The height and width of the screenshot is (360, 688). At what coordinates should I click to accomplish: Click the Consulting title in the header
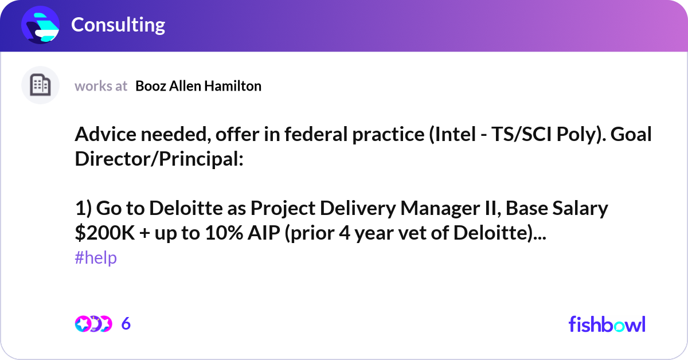[118, 25]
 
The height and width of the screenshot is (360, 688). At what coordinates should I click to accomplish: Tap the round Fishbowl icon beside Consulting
[41, 25]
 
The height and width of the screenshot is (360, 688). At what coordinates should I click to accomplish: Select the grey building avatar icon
[40, 85]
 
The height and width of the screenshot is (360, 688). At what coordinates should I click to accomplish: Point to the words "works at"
[101, 86]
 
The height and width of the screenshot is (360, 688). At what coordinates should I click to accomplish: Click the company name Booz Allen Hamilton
[198, 86]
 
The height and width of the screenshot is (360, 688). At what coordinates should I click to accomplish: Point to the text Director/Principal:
[159, 160]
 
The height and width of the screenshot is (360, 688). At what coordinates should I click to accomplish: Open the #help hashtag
[96, 258]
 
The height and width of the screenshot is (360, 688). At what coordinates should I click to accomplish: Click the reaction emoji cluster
[93, 323]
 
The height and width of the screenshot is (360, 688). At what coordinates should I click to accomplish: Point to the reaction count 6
[126, 323]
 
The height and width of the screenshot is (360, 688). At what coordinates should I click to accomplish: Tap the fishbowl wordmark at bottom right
[607, 324]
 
